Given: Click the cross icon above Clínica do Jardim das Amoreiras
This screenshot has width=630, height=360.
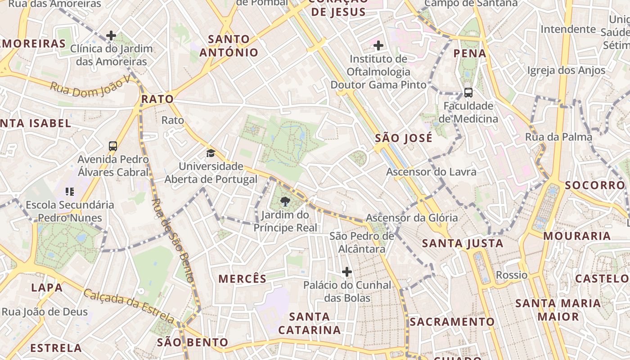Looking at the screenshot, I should pyautogui.click(x=111, y=35).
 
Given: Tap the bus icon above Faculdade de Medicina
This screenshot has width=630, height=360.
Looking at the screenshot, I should pyautogui.click(x=468, y=93).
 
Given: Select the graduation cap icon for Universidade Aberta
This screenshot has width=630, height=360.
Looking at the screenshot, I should pyautogui.click(x=211, y=153).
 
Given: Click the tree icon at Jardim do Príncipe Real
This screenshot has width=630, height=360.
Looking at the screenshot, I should pyautogui.click(x=285, y=201).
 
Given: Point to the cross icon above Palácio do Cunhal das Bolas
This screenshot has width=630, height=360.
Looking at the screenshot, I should pyautogui.click(x=347, y=271).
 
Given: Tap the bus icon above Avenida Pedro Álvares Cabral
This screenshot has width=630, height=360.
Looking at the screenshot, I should pyautogui.click(x=113, y=146).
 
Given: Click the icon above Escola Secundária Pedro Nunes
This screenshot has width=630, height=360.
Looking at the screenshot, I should pyautogui.click(x=69, y=192).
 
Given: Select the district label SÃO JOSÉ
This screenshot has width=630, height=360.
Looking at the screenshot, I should pyautogui.click(x=404, y=138).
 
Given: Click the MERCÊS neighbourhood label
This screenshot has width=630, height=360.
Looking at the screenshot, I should pyautogui.click(x=243, y=279).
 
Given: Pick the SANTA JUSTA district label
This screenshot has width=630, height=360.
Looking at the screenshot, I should pyautogui.click(x=463, y=243).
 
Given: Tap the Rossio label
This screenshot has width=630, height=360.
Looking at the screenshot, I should pyautogui.click(x=512, y=274).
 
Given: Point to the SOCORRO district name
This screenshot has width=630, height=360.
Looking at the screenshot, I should pyautogui.click(x=595, y=185).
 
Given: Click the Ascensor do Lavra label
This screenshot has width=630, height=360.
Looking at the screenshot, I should pyautogui.click(x=431, y=172).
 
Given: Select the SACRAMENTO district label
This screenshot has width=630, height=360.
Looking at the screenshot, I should pyautogui.click(x=452, y=322).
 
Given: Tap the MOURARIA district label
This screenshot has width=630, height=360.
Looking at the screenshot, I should pyautogui.click(x=577, y=236).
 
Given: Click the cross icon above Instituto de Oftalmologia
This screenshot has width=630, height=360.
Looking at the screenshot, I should pyautogui.click(x=378, y=45).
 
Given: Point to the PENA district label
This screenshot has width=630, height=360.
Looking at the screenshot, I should pyautogui.click(x=470, y=53).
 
